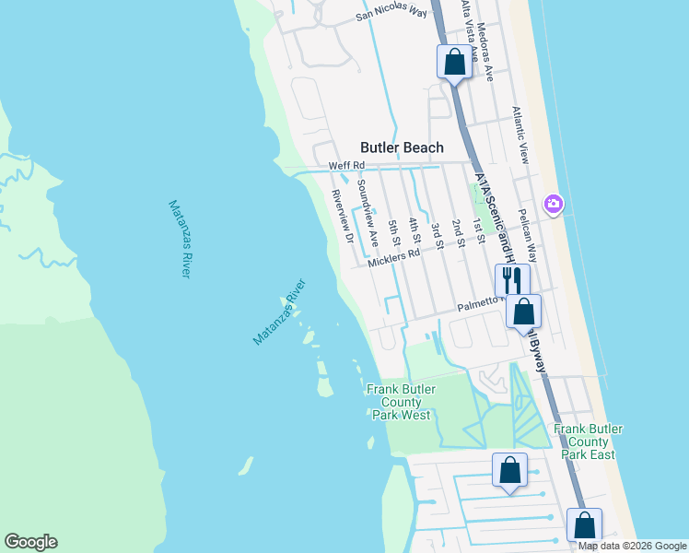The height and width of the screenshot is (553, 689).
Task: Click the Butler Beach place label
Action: pyautogui.click(x=402, y=147)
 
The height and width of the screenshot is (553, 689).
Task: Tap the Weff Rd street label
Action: pyautogui.click(x=347, y=166)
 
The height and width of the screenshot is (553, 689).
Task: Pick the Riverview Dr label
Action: pyautogui.click(x=343, y=216)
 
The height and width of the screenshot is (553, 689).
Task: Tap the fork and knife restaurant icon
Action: pyautogui.click(x=511, y=278)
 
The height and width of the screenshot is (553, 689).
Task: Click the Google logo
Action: pyautogui.click(x=30, y=542)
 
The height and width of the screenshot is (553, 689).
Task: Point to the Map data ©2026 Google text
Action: pyautogui.click(x=631, y=546)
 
